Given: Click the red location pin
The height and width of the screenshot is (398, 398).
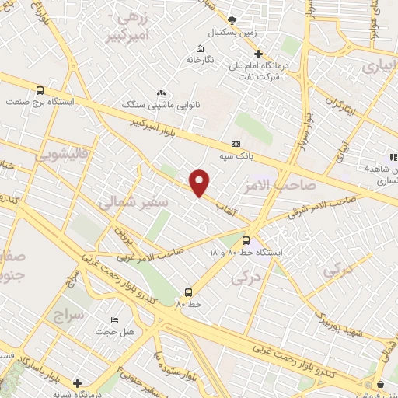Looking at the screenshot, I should tap(200, 183).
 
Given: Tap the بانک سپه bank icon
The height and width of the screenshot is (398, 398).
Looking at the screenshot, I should tap(236, 145).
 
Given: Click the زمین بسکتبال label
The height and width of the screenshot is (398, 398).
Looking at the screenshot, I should tap(230, 33).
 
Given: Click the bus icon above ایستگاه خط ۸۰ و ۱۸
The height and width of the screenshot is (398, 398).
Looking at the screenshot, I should tap(246, 240).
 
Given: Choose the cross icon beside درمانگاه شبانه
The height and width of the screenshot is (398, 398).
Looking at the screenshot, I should tap(77, 382).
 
